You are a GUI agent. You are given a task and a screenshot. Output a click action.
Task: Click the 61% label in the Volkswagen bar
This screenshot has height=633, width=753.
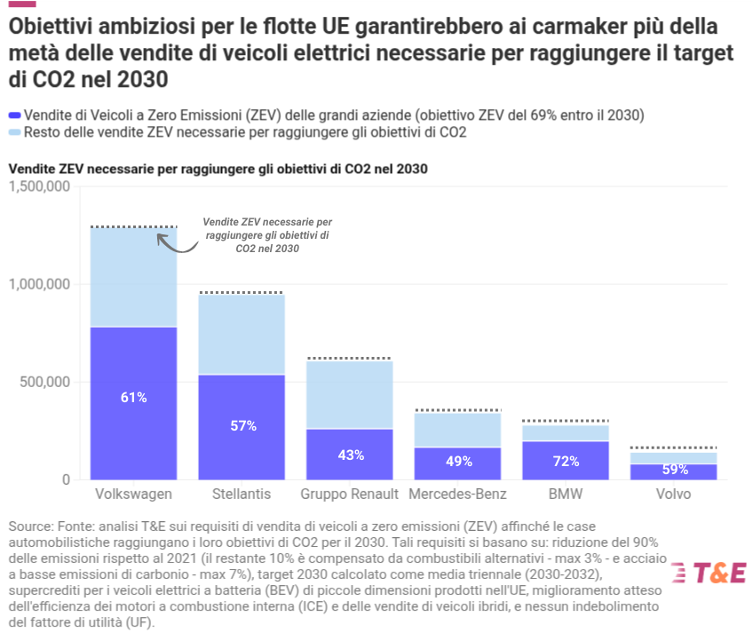coord(133,397)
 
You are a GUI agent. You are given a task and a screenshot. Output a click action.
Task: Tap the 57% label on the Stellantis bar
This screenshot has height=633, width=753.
coord(243,425)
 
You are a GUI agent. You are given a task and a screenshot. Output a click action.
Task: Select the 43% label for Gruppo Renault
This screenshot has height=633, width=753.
coord(351,455)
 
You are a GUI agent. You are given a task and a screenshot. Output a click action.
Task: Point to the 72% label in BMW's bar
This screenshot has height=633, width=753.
coord(566,461)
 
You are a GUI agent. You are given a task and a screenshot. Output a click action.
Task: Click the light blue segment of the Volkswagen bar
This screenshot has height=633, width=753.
coord(133,278)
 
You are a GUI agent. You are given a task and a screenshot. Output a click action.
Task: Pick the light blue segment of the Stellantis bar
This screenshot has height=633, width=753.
coord(242,335)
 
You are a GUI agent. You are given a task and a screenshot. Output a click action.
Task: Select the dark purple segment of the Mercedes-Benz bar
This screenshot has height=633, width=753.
coord(457,463)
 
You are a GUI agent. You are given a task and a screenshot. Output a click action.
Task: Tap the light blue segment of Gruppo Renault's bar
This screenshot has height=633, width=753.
coord(350,394)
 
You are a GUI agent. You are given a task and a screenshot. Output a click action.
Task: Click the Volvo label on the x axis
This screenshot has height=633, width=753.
coord(673,494)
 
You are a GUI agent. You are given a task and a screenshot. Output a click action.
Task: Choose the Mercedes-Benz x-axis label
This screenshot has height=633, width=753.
coord(457,494)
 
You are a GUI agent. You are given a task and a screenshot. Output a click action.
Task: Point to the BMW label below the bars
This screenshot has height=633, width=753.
coord(566,494)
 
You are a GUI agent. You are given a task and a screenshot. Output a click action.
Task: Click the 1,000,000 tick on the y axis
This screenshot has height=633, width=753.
coord(39,284)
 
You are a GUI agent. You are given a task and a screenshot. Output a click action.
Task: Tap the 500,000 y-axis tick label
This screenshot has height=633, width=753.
coord(44,382)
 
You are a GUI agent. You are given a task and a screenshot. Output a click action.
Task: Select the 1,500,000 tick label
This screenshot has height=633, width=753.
coord(39,186)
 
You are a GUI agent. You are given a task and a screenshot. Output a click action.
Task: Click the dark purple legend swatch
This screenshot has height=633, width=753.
coord(15,115)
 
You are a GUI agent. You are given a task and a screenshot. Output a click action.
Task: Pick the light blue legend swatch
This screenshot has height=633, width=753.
coord(15,132)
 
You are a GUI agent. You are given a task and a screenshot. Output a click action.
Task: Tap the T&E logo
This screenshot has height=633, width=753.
coord(709,573)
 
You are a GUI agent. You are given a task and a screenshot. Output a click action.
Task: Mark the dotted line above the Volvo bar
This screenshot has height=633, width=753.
coord(673,447)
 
